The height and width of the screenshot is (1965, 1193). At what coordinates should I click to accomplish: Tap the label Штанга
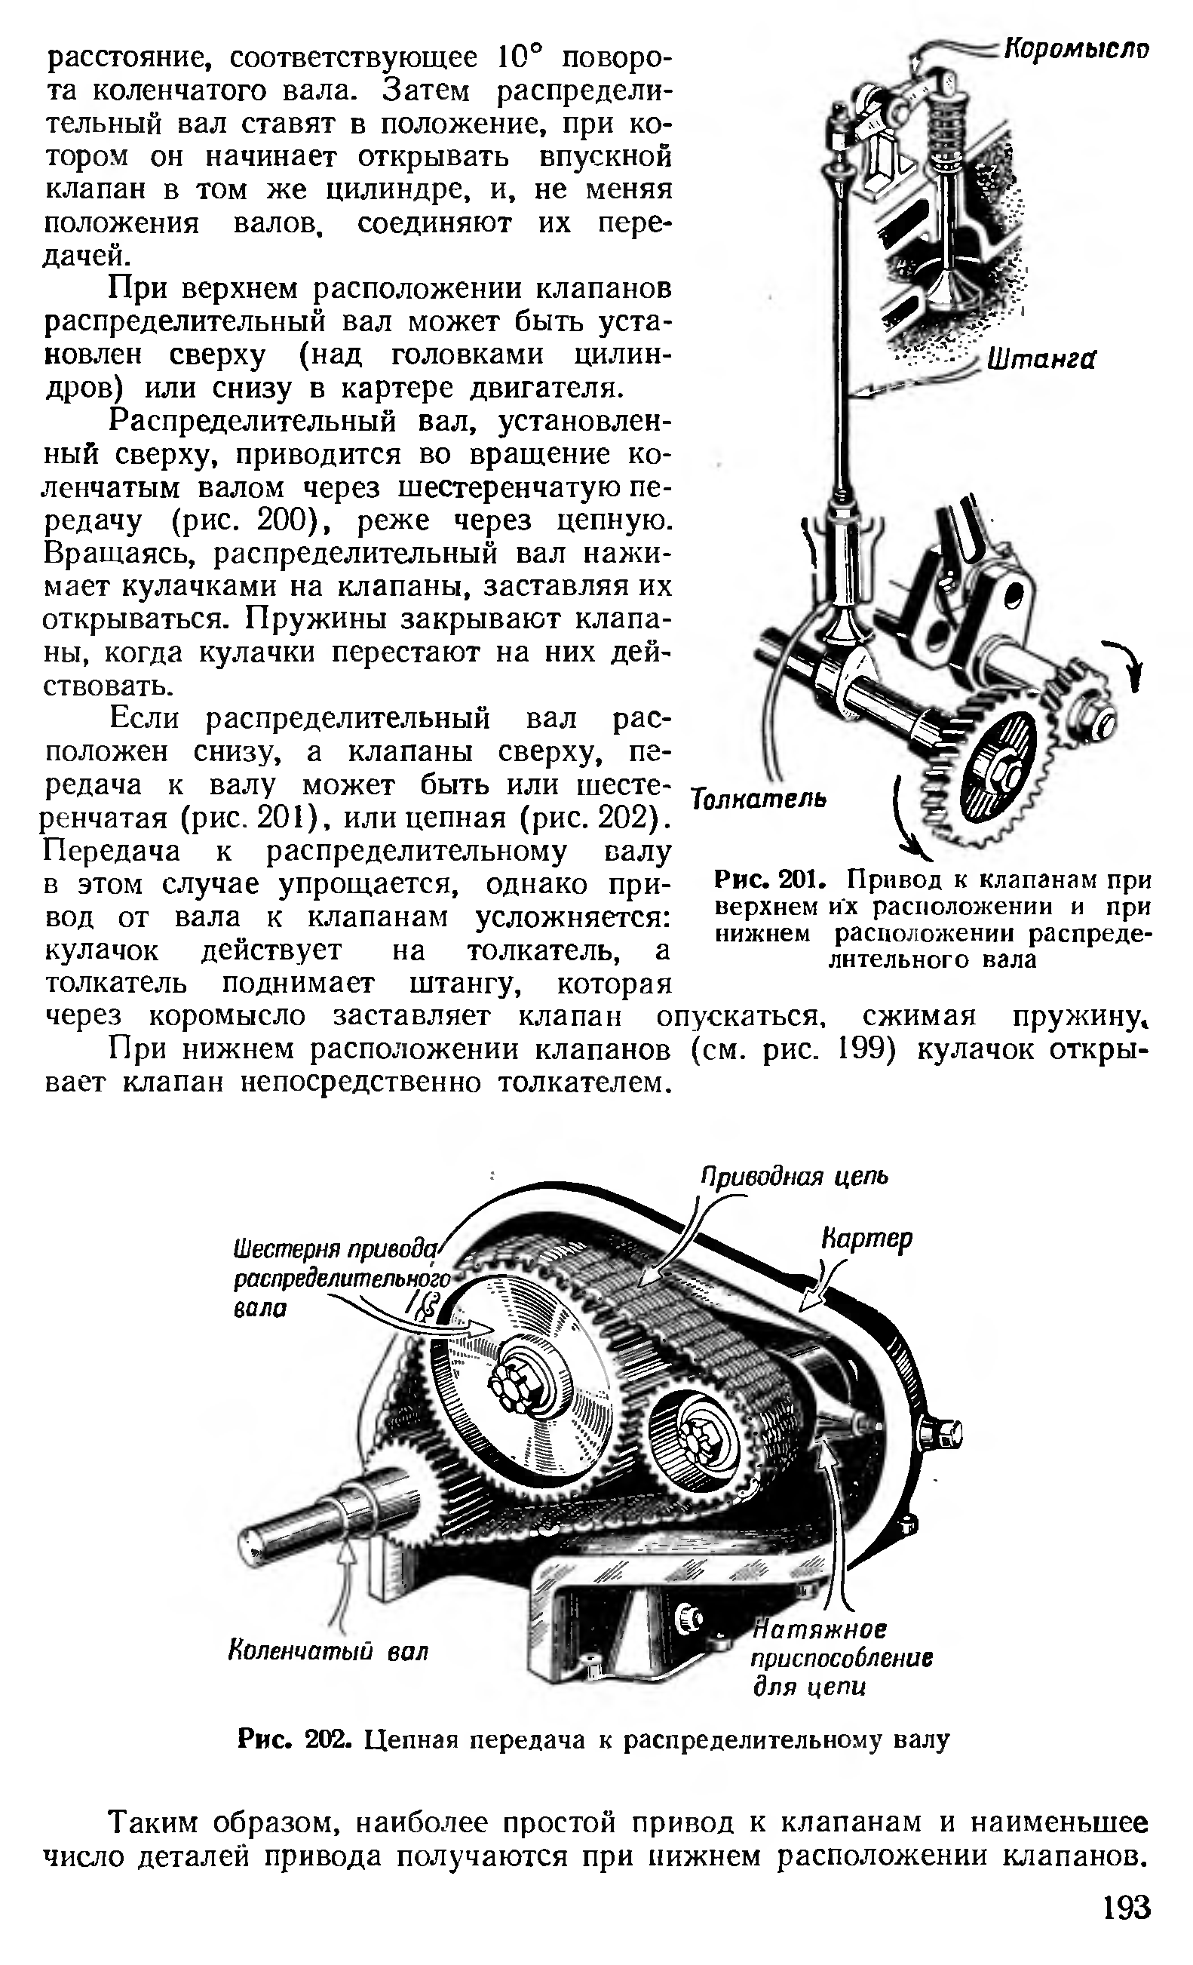1041,361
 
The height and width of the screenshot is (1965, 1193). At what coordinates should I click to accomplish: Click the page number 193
1127,1908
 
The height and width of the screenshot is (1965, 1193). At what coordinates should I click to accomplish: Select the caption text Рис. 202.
294,1739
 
